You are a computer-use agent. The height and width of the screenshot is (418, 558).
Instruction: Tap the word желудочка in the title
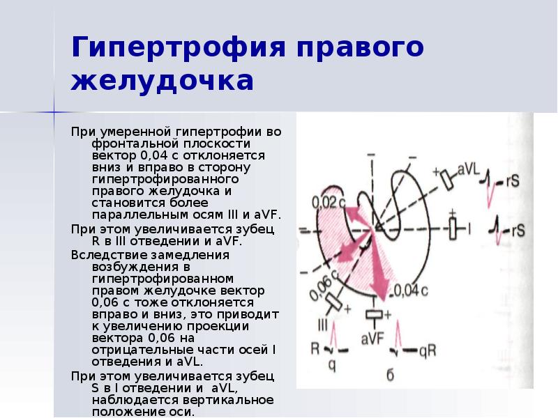click(x=163, y=80)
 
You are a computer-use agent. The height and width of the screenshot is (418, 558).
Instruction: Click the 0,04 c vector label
click(x=412, y=288)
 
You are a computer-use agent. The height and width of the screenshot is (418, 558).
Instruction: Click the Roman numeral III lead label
click(x=323, y=326)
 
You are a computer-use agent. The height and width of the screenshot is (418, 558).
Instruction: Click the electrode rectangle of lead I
click(x=453, y=228)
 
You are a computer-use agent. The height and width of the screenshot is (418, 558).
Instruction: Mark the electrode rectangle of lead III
click(x=334, y=304)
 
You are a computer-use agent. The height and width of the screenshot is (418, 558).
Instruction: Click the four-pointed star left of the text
click(x=55, y=111)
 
